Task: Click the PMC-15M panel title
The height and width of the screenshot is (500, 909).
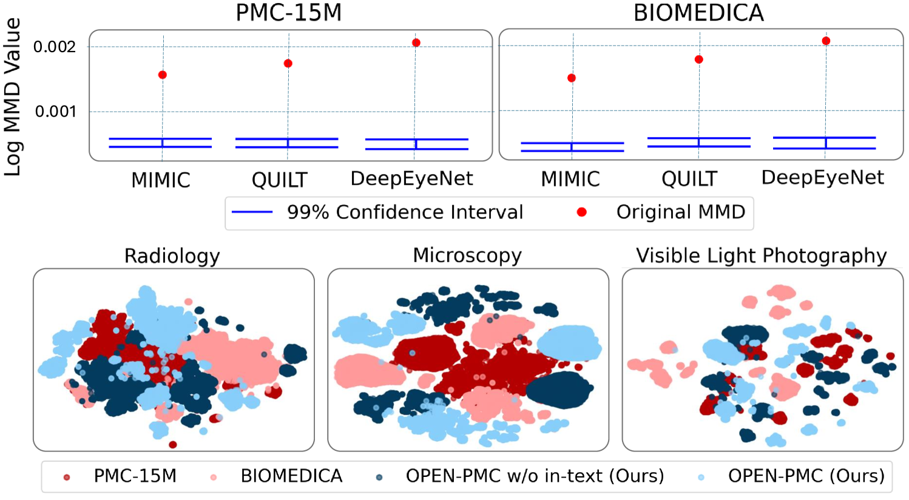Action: coord(288,12)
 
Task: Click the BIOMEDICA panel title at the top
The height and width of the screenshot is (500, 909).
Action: coord(698,12)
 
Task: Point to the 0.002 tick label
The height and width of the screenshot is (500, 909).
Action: coord(55,47)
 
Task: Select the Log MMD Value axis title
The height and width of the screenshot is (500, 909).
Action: coord(13,97)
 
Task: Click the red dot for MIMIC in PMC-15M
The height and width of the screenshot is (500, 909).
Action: coord(163,75)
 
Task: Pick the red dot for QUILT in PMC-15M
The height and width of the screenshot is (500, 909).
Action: coord(288,63)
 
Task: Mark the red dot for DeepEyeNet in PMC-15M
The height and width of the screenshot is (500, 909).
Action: coord(416,42)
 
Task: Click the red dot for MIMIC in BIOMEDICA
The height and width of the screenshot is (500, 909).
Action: coord(572,78)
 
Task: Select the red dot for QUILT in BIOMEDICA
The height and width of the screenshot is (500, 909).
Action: coord(699,59)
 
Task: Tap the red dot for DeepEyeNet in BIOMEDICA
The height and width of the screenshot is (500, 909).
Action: coord(826,41)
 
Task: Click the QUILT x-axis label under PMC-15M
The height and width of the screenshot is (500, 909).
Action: coord(280,180)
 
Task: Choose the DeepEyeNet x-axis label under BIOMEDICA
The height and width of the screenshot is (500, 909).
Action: coord(823,178)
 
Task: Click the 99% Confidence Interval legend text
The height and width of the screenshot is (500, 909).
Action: coord(405,212)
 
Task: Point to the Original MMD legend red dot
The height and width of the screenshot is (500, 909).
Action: coord(582,212)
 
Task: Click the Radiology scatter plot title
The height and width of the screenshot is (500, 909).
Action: coord(172,255)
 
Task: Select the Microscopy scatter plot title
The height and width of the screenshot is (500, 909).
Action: coord(467,255)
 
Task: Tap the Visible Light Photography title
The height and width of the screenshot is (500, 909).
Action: coord(761,255)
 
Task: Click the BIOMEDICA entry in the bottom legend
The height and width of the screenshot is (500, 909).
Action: coord(291,476)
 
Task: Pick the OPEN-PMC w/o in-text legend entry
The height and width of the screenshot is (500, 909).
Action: coord(535,476)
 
